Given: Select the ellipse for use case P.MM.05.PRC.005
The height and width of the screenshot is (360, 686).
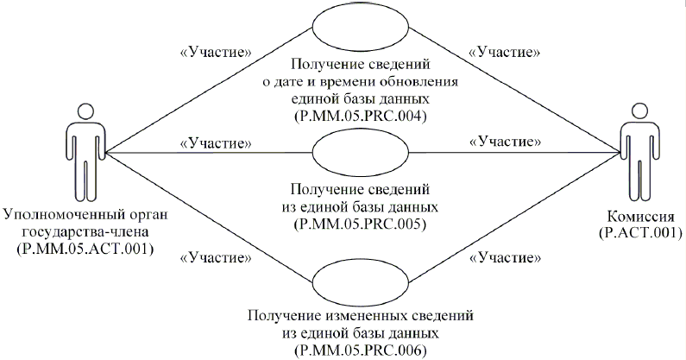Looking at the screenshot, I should click(361, 155).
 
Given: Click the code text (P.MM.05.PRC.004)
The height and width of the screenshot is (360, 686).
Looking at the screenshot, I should click(361, 115).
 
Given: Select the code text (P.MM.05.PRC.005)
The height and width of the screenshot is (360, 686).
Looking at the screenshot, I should click(361, 224).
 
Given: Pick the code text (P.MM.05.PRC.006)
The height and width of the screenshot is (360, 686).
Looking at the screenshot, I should click(361, 350).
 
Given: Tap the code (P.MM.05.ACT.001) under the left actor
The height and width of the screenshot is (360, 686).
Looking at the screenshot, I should click(84, 249).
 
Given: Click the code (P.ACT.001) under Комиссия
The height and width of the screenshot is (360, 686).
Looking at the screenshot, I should click(637, 232).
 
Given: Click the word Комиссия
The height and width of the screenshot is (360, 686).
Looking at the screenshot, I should click(637, 217).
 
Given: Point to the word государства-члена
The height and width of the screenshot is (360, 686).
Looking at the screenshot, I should click(84, 232).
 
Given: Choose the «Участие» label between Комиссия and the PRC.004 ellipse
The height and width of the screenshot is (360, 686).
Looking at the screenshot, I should click(504, 52).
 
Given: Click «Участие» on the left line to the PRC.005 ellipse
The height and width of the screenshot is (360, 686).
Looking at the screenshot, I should click(216, 141).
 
